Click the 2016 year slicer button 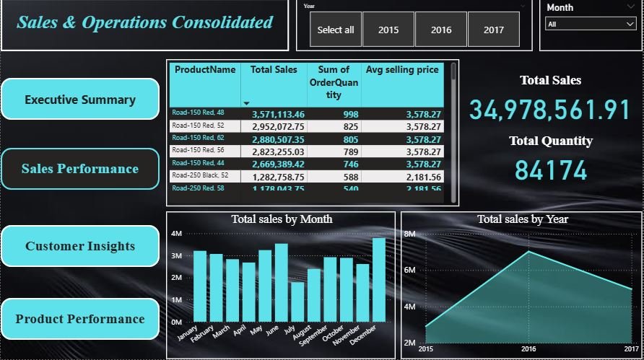click(x=441, y=30)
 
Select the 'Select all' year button click(x=336, y=30)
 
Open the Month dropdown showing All click(x=590, y=24)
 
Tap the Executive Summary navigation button click(x=80, y=100)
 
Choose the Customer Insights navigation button click(x=80, y=246)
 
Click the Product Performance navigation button click(x=80, y=319)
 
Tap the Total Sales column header click(x=274, y=70)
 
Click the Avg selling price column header click(x=402, y=70)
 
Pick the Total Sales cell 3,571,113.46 click(x=278, y=114)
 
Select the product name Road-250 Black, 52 click(x=199, y=175)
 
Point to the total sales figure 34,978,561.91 click(x=550, y=110)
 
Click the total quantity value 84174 click(x=551, y=170)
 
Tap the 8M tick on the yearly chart click(x=409, y=234)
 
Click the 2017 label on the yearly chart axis click(x=631, y=349)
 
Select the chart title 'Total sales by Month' click(x=282, y=219)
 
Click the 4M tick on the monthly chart click(x=177, y=234)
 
